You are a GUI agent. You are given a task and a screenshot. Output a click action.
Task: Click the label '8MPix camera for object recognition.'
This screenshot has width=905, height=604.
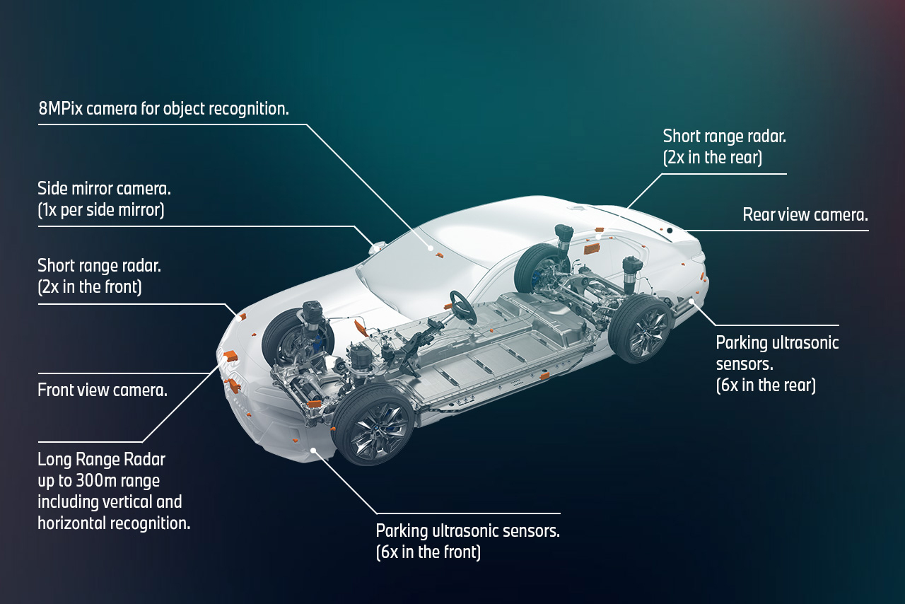[163, 109]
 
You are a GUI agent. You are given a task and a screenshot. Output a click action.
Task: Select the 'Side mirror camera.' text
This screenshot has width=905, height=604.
[104, 189]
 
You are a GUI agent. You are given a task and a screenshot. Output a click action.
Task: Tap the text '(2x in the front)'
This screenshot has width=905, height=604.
[90, 287]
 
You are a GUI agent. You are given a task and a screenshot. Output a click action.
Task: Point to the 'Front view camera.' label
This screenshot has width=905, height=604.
[103, 390]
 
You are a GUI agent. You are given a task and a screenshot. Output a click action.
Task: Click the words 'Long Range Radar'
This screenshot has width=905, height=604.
[101, 459]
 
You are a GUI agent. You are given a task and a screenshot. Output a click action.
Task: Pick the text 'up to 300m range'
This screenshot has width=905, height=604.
[98, 481]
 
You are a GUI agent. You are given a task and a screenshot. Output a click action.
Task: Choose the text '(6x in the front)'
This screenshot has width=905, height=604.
[428, 552]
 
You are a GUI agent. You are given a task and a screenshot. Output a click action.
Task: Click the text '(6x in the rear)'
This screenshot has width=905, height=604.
[766, 385]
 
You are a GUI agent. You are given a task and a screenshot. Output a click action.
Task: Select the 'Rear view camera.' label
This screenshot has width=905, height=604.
[805, 215]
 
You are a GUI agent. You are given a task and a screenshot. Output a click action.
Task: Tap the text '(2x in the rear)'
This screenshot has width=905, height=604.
[712, 158]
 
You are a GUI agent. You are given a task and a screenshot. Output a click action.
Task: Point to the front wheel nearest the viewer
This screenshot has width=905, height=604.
[373, 426]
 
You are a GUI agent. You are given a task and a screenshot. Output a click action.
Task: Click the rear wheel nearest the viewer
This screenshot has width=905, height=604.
[641, 330]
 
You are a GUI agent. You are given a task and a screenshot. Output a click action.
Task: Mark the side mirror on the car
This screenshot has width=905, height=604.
[378, 248]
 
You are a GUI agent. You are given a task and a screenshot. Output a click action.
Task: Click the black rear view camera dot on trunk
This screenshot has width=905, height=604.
[669, 231]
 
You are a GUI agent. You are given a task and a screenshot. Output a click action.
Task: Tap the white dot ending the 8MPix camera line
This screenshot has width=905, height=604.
[430, 248]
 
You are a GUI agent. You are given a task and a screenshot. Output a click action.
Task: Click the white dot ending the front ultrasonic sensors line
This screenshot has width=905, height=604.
[313, 449]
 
